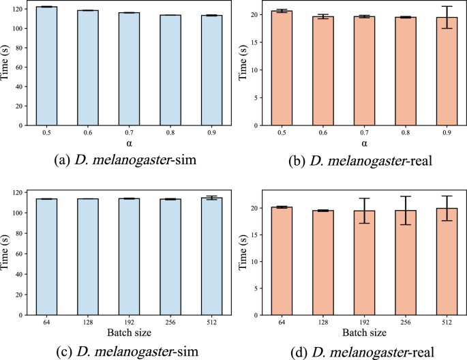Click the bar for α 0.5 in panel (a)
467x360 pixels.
(x=46, y=66)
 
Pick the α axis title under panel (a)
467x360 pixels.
(x=130, y=143)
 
